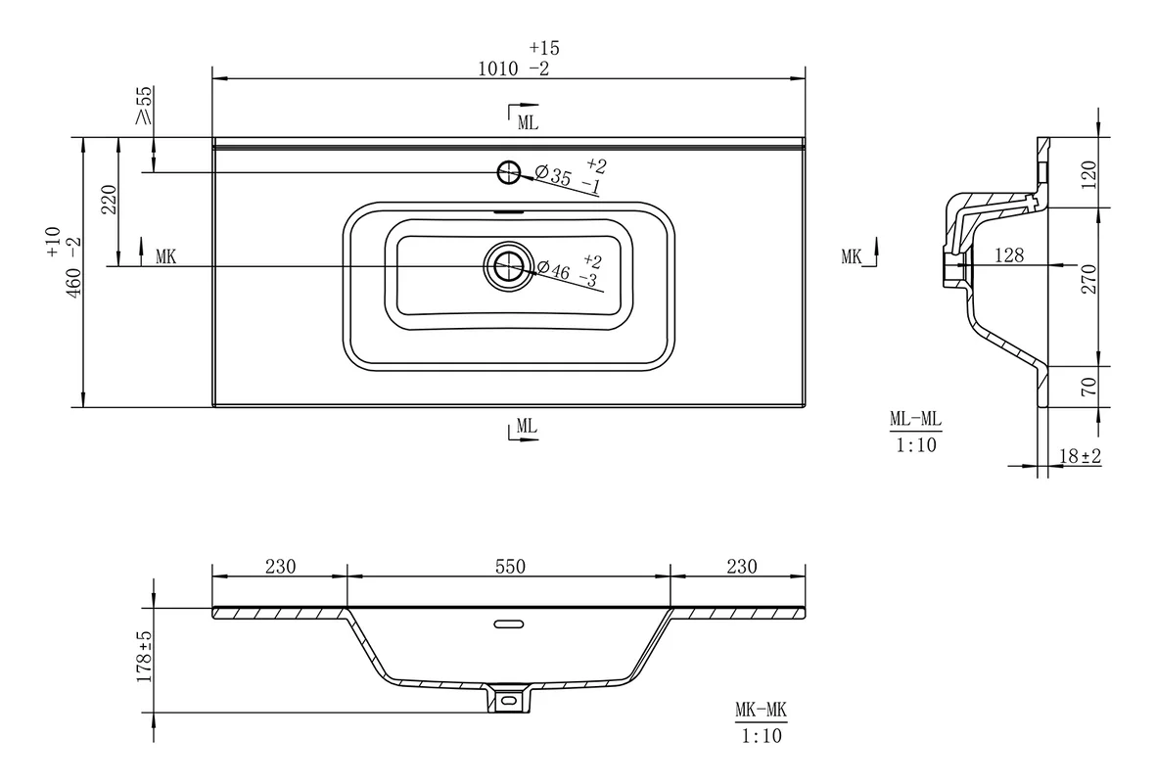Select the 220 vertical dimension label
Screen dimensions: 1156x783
(x=109, y=200)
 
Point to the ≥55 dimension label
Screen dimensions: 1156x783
(x=144, y=106)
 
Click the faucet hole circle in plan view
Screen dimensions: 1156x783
(x=509, y=172)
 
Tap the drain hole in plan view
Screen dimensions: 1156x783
(x=507, y=266)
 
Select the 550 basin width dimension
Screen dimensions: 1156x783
(x=510, y=567)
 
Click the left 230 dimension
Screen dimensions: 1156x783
(x=280, y=567)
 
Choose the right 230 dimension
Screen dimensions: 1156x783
(x=742, y=567)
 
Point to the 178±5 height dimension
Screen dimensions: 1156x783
(x=145, y=656)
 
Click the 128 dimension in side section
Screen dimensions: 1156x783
(x=1009, y=255)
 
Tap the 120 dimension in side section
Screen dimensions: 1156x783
(x=1088, y=175)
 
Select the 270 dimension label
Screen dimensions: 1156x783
(x=1088, y=279)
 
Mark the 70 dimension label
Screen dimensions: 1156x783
(x=1088, y=387)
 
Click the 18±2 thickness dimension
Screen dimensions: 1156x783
(x=1080, y=456)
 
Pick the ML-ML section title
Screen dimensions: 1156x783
(x=915, y=419)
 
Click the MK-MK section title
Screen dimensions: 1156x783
(x=761, y=710)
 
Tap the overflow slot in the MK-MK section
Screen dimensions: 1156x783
(x=509, y=624)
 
